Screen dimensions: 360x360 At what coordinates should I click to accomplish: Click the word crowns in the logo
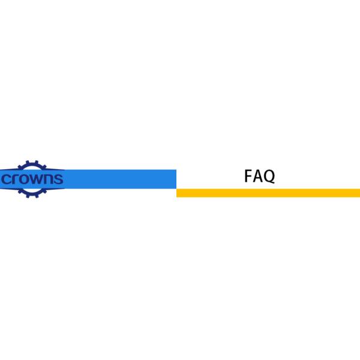(32, 179)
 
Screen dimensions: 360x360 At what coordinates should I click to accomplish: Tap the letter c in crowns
(8, 179)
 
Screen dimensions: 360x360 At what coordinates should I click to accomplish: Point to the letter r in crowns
(17, 179)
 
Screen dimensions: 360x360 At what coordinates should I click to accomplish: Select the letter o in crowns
(26, 179)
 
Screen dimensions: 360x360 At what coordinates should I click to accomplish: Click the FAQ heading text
(259, 176)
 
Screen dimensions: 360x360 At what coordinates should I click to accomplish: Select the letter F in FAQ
(248, 176)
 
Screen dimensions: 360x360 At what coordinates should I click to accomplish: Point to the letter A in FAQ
(257, 176)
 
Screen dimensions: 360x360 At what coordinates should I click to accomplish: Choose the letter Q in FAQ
(268, 176)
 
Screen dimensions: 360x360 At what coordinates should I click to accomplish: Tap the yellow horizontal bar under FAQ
(268, 193)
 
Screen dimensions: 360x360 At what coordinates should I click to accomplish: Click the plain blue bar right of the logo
(120, 179)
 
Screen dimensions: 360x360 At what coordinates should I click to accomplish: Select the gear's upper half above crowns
(32, 166)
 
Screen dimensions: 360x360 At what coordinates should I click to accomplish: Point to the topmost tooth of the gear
(32, 161)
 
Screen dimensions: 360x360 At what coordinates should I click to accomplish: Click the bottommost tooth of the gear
(32, 197)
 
